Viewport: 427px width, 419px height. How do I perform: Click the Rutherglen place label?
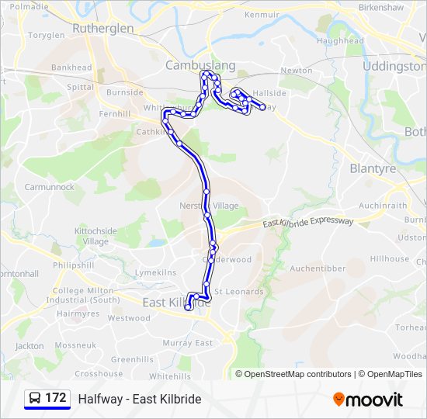(x=102, y=28)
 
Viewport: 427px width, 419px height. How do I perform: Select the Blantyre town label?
(x=373, y=168)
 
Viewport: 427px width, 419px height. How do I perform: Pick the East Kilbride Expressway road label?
(x=308, y=223)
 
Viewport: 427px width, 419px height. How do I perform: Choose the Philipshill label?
(x=74, y=265)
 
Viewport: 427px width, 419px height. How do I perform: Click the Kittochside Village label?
(x=95, y=236)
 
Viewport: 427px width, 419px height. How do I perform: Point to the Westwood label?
(x=129, y=318)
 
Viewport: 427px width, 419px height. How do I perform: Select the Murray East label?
(x=187, y=343)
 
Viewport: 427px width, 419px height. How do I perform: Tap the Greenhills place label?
(x=132, y=360)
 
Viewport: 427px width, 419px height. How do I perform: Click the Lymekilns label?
(x=155, y=273)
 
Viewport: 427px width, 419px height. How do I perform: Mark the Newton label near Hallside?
(x=296, y=70)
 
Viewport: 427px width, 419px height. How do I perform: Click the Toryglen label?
(x=47, y=36)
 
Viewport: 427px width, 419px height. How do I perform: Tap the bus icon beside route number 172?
(x=34, y=399)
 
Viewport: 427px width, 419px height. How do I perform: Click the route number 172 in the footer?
(x=55, y=398)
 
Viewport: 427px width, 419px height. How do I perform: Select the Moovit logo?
(x=368, y=400)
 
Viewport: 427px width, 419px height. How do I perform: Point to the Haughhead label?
(x=340, y=40)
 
